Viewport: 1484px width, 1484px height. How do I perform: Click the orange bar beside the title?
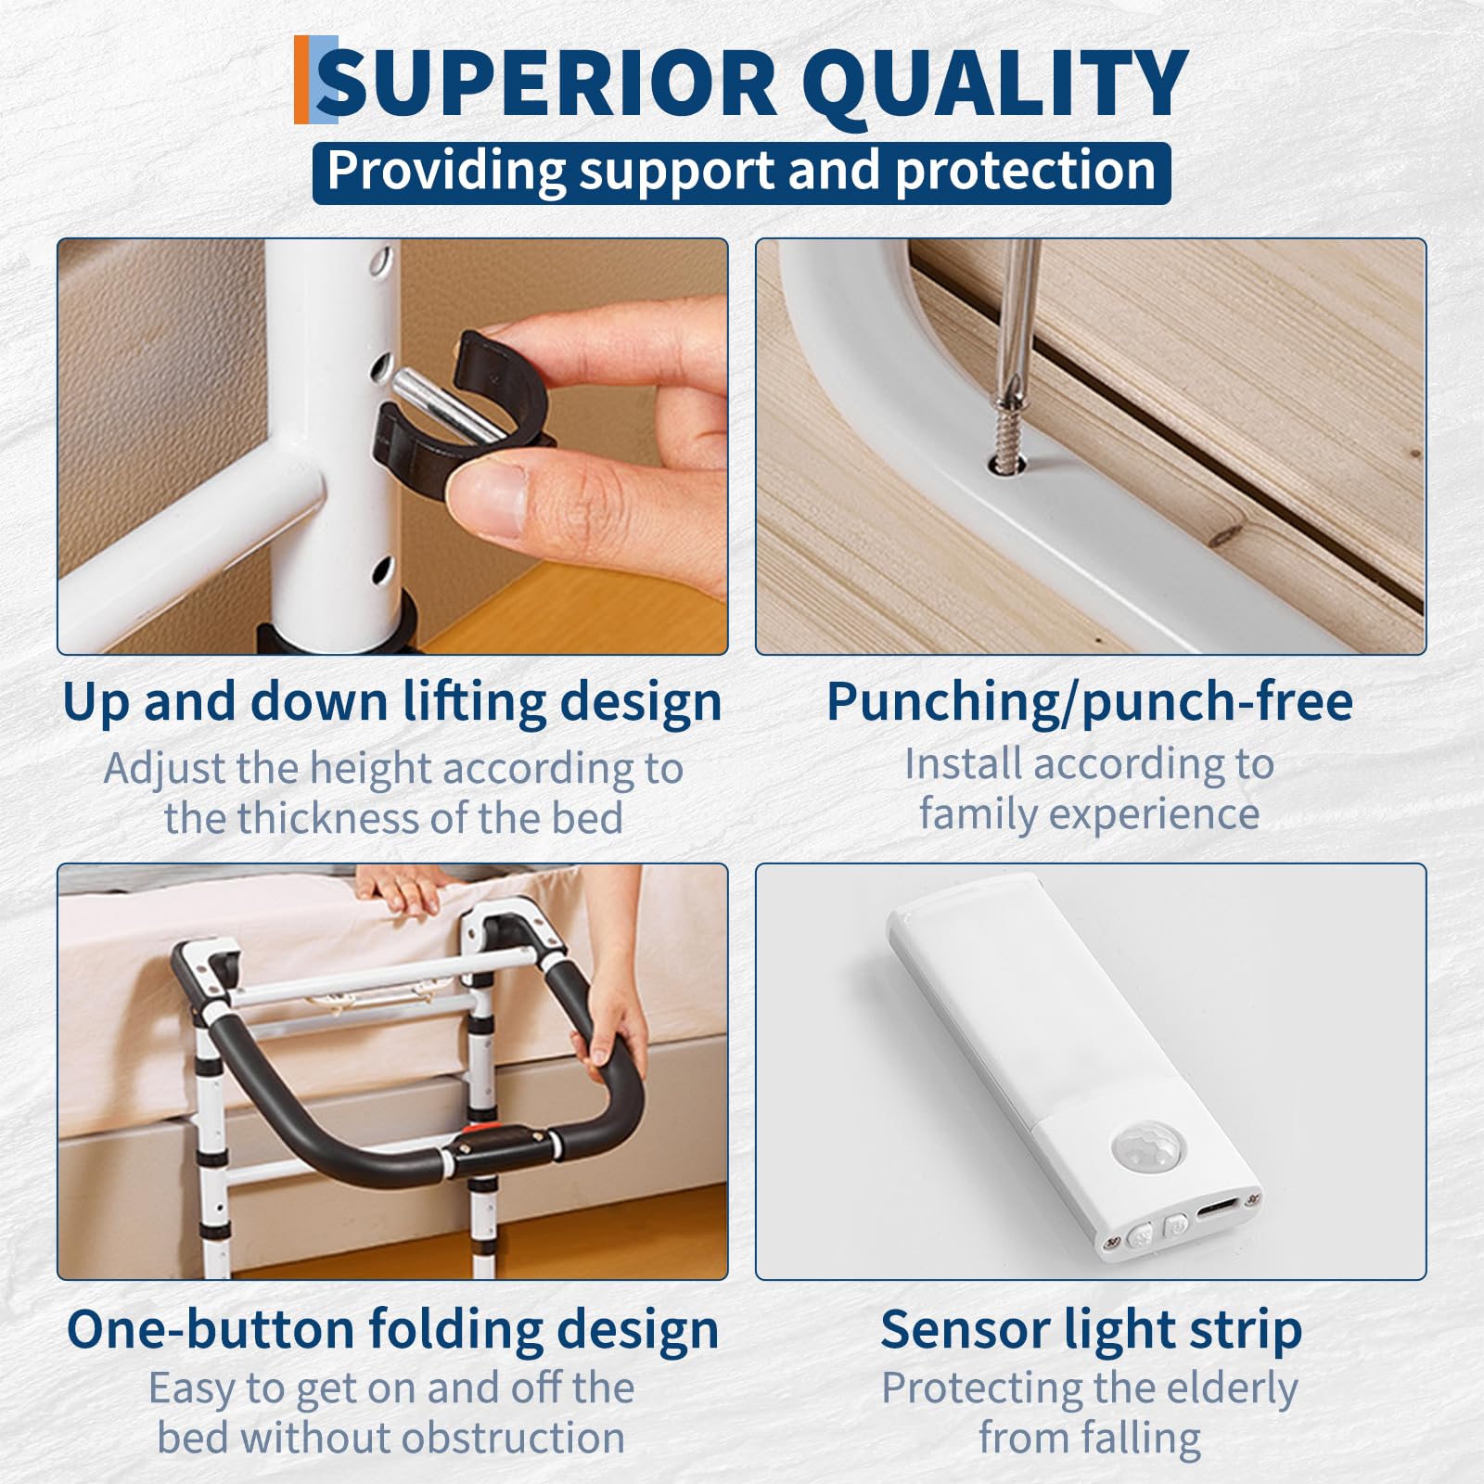click(x=301, y=80)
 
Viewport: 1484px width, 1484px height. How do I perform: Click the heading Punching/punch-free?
click(x=1090, y=701)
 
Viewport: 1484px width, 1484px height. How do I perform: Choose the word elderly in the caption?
click(x=1224, y=1388)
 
